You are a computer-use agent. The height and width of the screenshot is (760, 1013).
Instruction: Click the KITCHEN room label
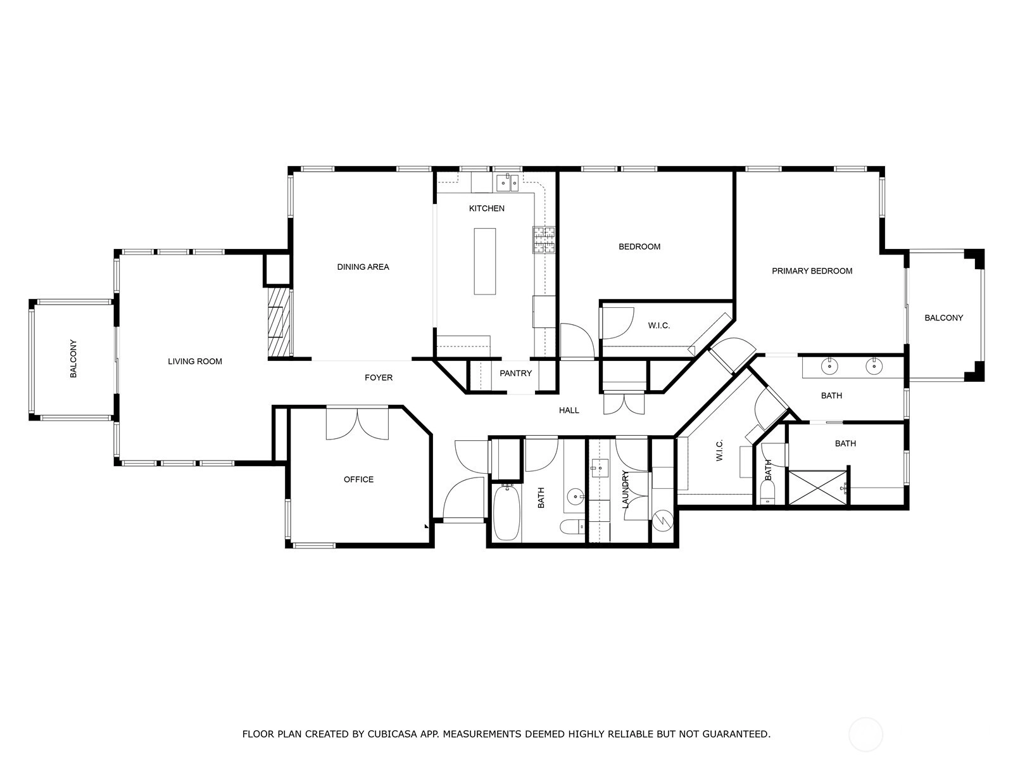coord(486,208)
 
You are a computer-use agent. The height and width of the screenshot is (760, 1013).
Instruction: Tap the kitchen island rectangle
coord(484,261)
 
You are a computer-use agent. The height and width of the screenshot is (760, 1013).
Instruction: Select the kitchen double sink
coord(507,183)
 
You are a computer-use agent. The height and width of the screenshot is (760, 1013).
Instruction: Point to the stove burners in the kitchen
coord(544,240)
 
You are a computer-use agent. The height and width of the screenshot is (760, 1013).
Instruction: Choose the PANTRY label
coord(515,373)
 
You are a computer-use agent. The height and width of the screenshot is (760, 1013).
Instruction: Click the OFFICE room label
coord(358,479)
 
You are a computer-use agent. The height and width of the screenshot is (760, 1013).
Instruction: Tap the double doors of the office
coord(358,423)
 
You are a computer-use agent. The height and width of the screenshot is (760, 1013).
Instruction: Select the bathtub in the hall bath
coord(507,512)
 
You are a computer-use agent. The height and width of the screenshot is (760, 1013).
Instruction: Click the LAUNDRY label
coord(626,489)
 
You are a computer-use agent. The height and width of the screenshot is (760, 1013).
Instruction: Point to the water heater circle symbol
coord(663,521)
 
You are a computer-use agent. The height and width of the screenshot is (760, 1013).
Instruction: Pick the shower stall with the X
coord(817,487)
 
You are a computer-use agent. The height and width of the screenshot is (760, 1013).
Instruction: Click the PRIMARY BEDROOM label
coord(812,271)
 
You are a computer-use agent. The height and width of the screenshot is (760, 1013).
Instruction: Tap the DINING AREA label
coord(363,267)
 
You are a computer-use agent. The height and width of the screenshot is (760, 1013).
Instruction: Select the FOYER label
coord(379,377)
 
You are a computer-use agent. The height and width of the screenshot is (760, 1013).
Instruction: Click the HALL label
coord(569,410)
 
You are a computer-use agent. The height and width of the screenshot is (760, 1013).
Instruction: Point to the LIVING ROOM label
coord(195,361)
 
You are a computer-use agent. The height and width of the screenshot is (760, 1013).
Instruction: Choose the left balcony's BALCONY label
coord(73,359)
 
